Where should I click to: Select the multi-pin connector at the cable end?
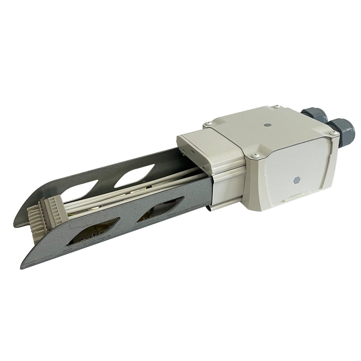(x=48, y=213)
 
